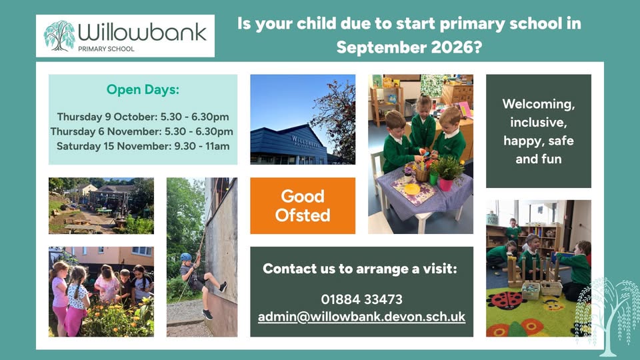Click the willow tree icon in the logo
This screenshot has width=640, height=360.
[x=59, y=36]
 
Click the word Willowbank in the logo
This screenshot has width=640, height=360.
[x=143, y=32]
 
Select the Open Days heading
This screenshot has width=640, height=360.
[x=143, y=89]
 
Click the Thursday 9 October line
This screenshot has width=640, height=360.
[x=143, y=117]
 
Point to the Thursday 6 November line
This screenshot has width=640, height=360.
[x=142, y=131]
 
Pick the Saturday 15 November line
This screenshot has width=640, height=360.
[x=143, y=146]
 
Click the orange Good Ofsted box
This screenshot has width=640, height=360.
[x=303, y=206]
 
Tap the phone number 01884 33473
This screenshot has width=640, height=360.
[x=361, y=299]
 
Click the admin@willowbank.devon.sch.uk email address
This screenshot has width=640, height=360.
[x=361, y=317]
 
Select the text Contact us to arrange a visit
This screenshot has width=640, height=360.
[x=360, y=269]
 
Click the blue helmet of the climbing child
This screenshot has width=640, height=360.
[x=186, y=257]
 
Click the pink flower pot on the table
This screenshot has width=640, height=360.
[x=445, y=185]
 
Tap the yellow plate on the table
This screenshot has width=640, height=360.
[x=412, y=189]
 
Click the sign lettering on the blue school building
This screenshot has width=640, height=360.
[x=306, y=142]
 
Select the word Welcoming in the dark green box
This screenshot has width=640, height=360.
[x=539, y=105]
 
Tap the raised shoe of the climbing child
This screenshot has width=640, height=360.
[x=223, y=287]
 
